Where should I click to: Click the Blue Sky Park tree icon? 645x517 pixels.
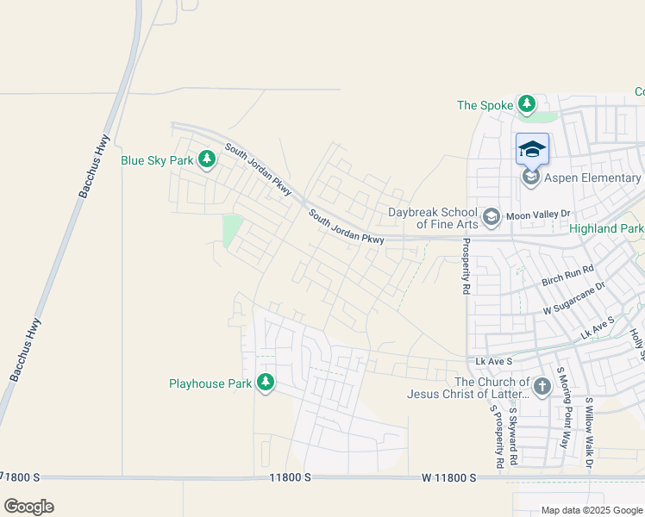pos(206,159)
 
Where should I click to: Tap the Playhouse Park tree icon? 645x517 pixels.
pos(266,382)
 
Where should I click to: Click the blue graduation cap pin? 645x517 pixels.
pos(532,149)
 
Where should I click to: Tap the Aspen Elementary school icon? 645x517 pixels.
pos(531,178)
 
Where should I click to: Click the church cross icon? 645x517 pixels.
pos(542,387)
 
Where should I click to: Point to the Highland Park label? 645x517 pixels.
pos(606,228)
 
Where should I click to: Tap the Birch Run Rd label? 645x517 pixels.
pos(568,276)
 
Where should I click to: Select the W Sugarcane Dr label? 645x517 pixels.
pos(574,297)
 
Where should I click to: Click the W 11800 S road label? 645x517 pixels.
pos(448,477)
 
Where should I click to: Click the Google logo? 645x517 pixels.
pos(28,506)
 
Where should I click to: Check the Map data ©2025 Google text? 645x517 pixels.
pos(591,510)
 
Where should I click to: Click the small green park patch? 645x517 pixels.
pos(232,230)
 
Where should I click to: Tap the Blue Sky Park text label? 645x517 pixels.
pos(157,160)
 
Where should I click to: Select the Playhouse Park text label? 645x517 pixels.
pos(210,382)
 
